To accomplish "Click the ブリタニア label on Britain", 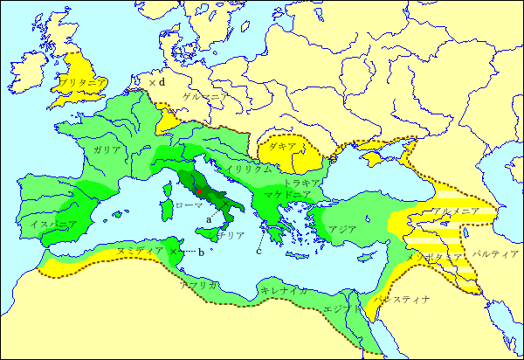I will (x=84, y=82).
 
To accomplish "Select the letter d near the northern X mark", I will (x=162, y=82).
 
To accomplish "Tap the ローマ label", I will (x=189, y=204).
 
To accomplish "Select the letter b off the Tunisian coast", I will (x=201, y=253).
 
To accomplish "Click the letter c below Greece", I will (x=259, y=252).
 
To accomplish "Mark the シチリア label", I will (x=231, y=235).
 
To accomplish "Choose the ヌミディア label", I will (x=141, y=252).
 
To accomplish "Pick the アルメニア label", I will (x=453, y=211).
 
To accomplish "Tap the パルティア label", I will (x=495, y=253).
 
